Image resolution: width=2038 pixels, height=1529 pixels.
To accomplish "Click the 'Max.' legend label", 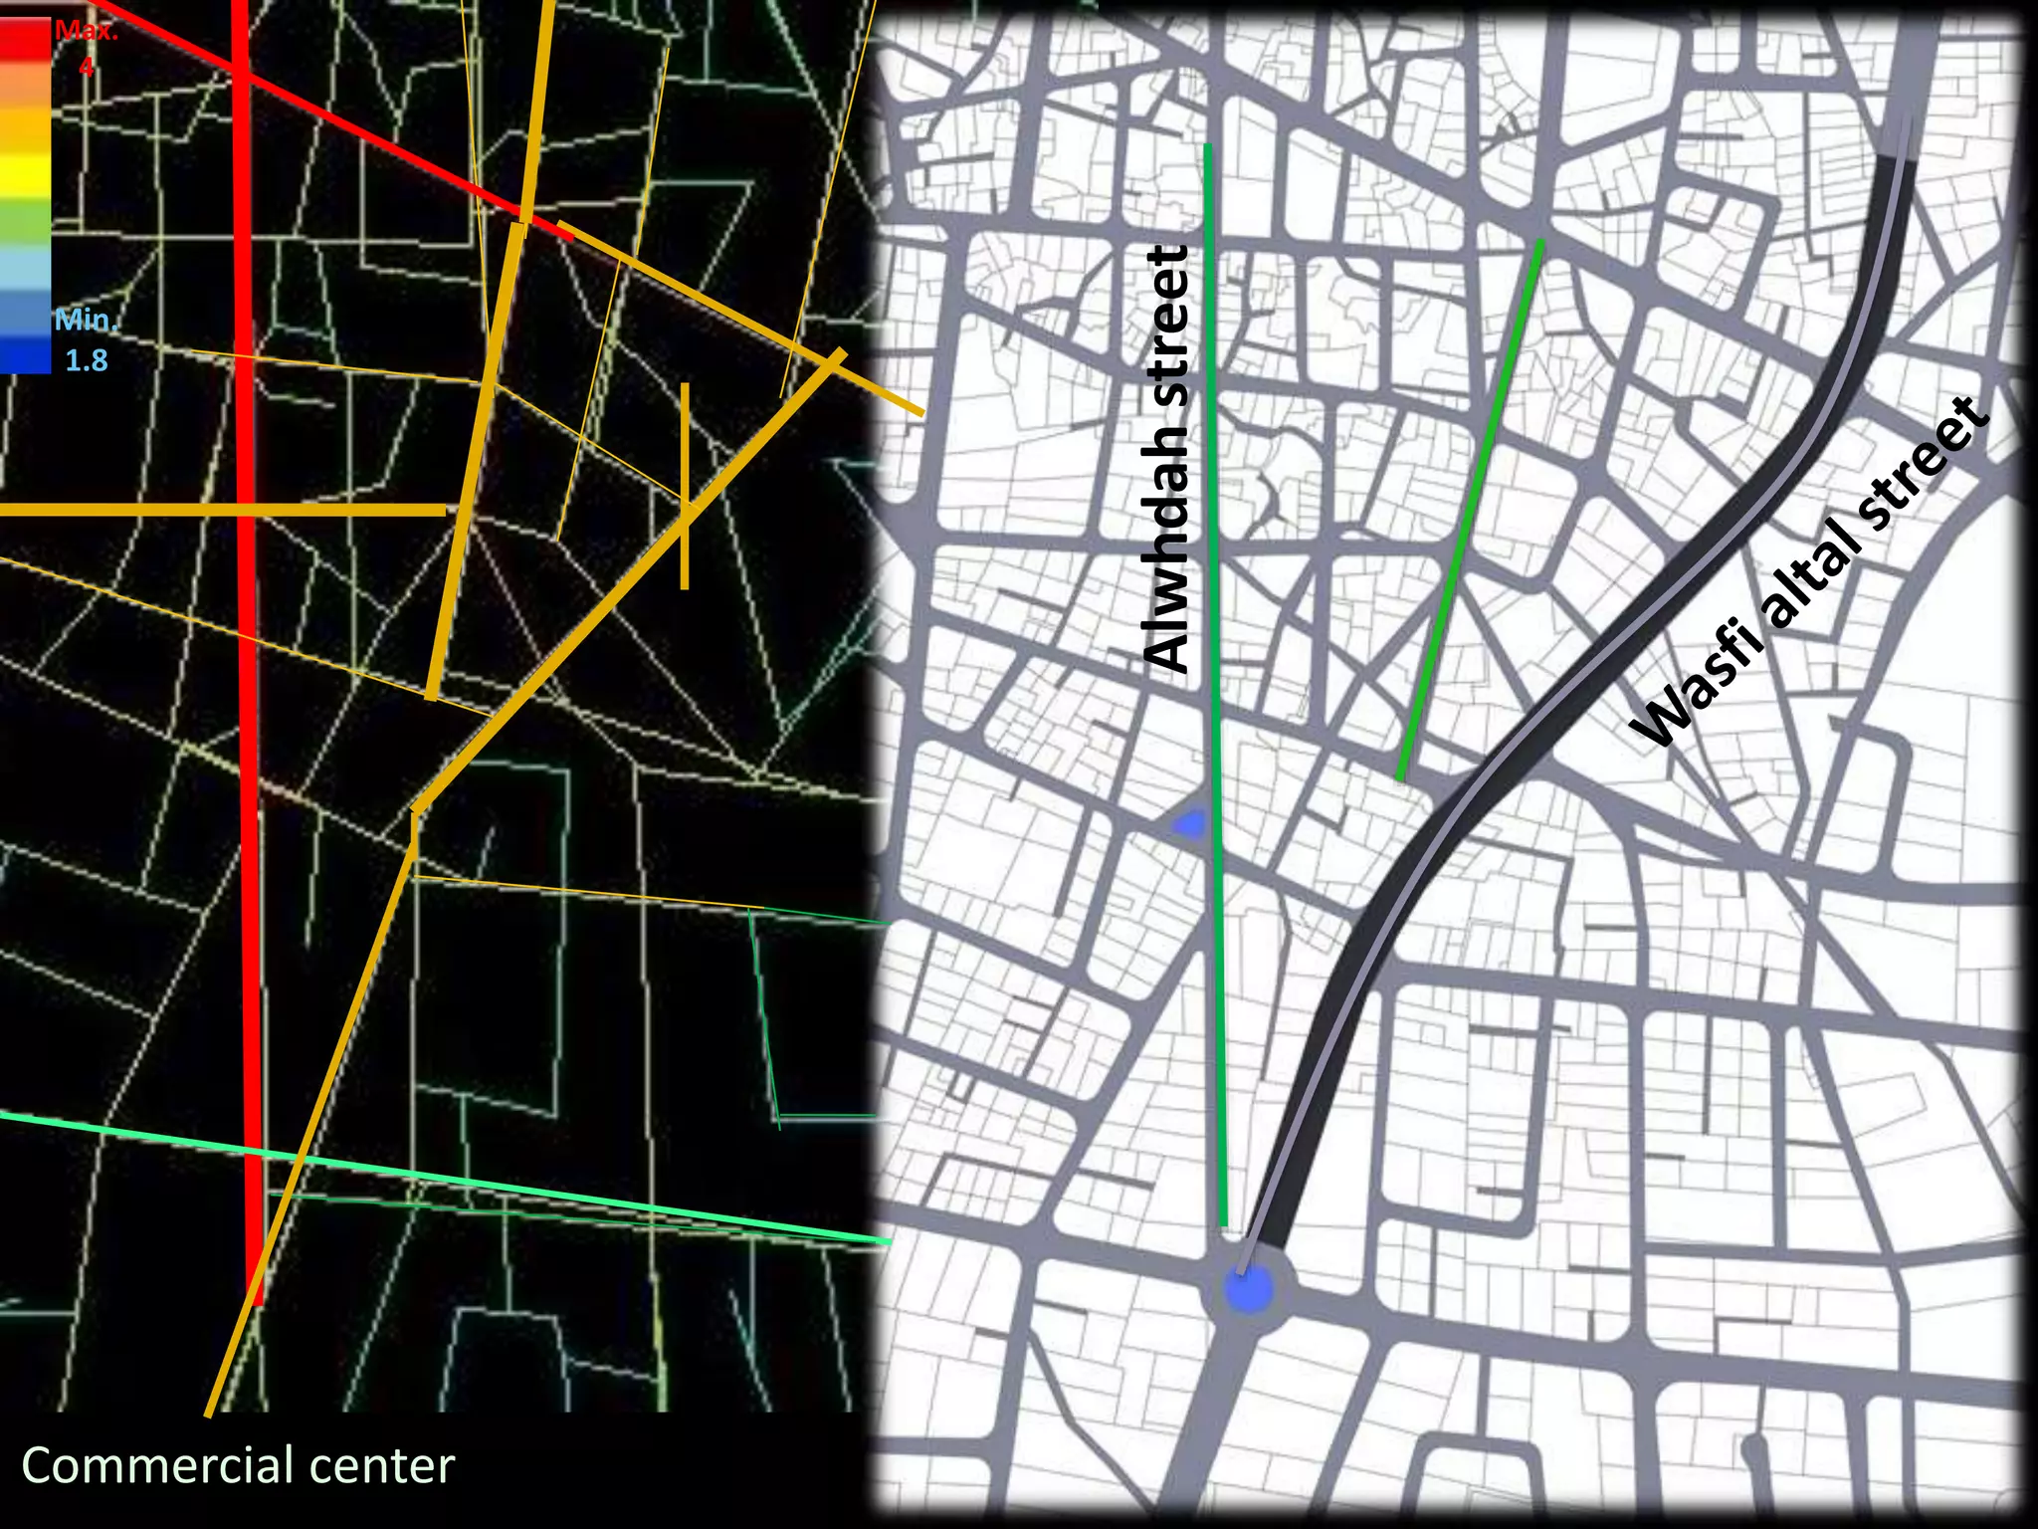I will [87, 31].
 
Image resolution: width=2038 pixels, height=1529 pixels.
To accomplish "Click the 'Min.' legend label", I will [86, 321].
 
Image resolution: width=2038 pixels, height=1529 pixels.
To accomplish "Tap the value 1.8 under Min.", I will [87, 360].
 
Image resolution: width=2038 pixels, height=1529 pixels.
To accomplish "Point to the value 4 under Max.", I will [87, 67].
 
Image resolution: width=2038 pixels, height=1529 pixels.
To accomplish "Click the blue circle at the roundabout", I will [1248, 1290].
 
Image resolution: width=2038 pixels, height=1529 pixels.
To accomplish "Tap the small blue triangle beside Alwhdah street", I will [1190, 822].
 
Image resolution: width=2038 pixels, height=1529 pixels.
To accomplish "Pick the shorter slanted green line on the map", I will [1471, 508].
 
